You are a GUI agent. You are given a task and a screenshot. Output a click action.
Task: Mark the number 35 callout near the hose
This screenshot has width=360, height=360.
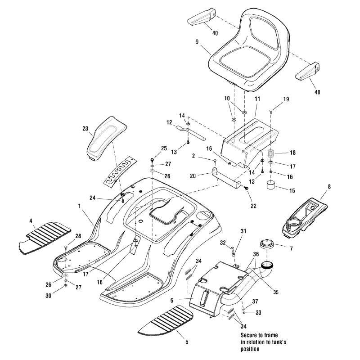[x=276, y=292]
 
